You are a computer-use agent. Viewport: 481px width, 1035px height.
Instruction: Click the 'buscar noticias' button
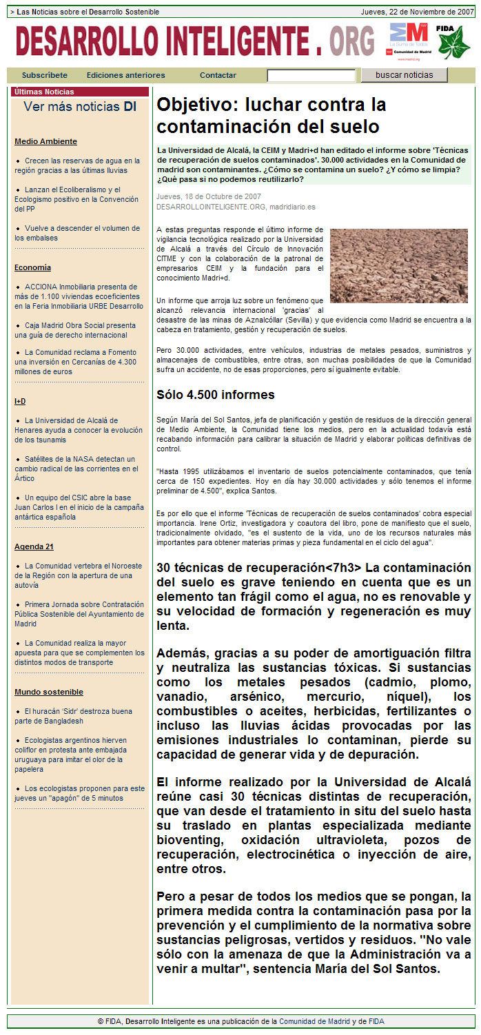405,75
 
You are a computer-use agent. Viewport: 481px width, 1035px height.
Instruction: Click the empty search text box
311,76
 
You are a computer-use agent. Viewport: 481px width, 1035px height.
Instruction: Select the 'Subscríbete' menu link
45,76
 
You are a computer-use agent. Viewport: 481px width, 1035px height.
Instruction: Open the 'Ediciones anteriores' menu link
126,76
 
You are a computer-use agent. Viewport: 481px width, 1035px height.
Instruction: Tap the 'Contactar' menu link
218,76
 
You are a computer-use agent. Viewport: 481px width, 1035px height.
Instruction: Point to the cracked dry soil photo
398,266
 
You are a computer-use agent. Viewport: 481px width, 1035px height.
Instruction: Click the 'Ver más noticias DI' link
80,107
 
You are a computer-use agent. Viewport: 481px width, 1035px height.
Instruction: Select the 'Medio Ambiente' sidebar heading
45,141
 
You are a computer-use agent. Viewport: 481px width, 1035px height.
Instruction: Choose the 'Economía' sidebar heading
32,267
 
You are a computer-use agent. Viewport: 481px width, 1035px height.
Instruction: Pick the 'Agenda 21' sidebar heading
34,546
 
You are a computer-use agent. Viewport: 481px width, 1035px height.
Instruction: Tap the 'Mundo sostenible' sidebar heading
49,692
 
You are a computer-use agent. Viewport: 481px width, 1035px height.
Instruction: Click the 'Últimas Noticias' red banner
80,92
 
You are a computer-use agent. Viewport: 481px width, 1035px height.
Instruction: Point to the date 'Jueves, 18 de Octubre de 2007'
199,196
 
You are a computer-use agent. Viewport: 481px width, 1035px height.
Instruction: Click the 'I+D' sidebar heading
20,401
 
